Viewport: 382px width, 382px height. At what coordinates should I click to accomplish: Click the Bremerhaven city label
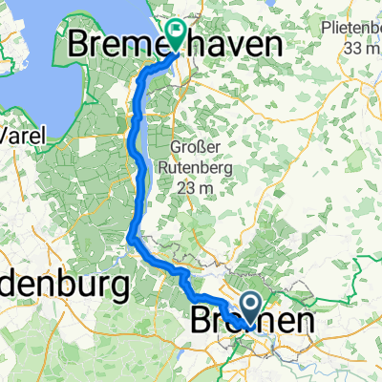(x=177, y=45)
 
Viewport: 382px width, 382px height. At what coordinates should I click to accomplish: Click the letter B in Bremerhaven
(x=81, y=45)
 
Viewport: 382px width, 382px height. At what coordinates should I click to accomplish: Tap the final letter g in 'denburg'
(x=120, y=286)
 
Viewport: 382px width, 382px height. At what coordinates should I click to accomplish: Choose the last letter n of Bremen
(x=303, y=318)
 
